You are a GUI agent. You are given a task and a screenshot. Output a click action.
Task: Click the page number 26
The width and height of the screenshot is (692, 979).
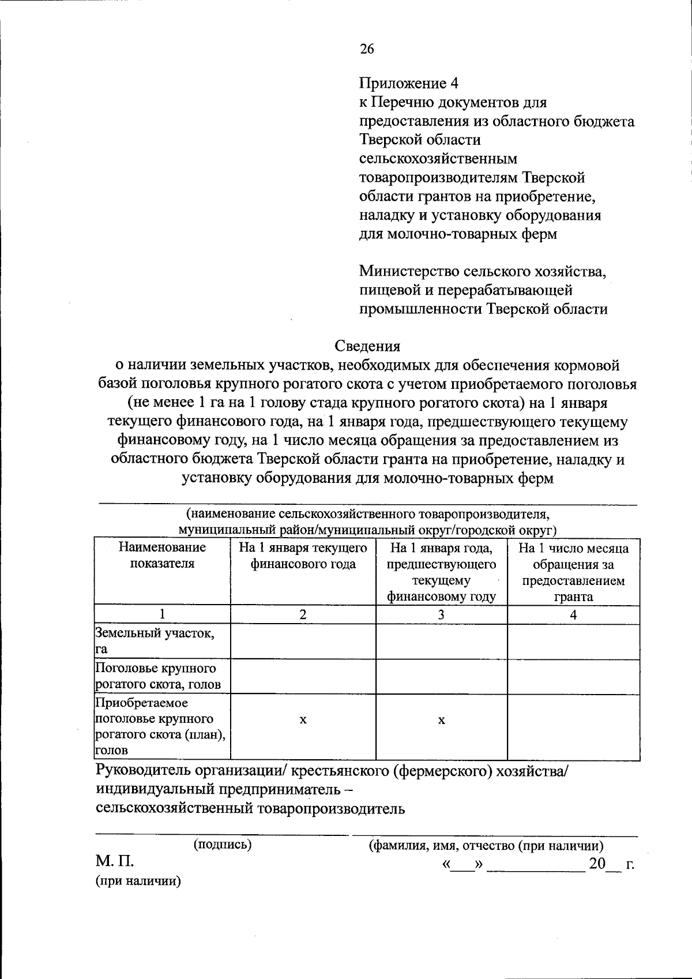pyautogui.click(x=367, y=49)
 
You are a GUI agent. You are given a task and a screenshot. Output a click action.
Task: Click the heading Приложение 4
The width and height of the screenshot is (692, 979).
pyautogui.click(x=409, y=83)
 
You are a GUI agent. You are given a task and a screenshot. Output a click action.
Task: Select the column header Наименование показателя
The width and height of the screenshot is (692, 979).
pyautogui.click(x=162, y=555)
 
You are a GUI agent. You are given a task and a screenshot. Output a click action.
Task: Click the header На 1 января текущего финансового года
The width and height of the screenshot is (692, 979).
pyautogui.click(x=303, y=555)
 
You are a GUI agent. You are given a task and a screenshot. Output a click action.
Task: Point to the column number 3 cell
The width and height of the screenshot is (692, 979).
pyautogui.click(x=441, y=614)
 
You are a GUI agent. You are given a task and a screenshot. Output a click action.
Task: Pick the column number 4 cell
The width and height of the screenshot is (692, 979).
pyautogui.click(x=573, y=614)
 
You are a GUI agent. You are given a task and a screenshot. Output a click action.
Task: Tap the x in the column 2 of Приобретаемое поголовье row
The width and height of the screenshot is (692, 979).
pyautogui.click(x=303, y=720)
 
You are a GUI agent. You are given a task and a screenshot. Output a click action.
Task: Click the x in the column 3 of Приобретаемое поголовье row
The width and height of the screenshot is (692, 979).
pyautogui.click(x=441, y=720)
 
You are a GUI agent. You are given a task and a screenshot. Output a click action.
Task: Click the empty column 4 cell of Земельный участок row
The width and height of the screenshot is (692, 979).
pyautogui.click(x=573, y=641)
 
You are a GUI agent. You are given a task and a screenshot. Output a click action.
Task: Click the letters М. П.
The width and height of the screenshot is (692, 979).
pyautogui.click(x=115, y=861)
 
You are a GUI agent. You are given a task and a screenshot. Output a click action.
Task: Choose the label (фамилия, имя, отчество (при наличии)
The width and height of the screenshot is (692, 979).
pyautogui.click(x=486, y=846)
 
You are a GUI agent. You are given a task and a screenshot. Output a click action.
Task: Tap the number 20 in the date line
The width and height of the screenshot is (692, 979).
pyautogui.click(x=597, y=863)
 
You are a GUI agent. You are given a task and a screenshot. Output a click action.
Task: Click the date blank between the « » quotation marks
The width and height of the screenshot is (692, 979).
pyautogui.click(x=461, y=865)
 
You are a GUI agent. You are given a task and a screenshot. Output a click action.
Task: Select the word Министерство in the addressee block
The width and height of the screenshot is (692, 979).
pyautogui.click(x=410, y=271)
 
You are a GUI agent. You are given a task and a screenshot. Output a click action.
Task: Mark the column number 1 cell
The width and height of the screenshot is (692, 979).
pyautogui.click(x=162, y=614)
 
